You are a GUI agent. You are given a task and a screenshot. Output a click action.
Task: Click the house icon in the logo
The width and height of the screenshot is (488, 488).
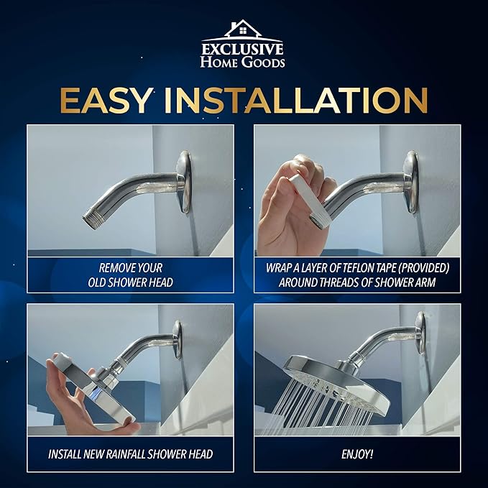tap(242, 30)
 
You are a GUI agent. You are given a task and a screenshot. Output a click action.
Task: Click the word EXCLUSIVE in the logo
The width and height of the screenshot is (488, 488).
tap(243, 49)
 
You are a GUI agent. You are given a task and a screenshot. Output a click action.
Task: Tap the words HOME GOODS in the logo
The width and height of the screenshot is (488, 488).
tap(243, 63)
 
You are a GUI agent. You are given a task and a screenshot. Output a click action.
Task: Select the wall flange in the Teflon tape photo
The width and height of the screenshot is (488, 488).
tap(411, 181)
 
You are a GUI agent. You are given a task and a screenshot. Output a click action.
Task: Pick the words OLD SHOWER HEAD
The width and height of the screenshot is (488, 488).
tap(130, 282)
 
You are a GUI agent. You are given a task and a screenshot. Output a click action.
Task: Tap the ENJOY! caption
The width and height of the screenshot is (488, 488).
tap(357, 454)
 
